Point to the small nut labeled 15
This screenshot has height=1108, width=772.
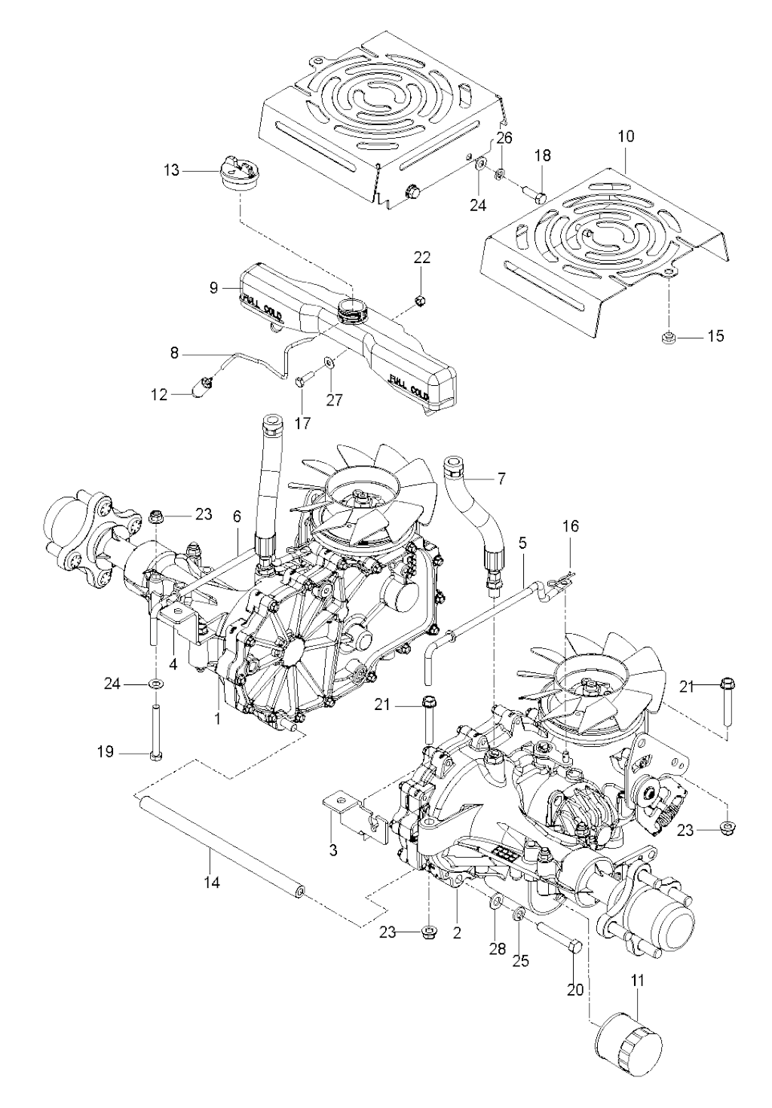click(x=666, y=338)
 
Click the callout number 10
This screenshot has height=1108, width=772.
click(x=626, y=136)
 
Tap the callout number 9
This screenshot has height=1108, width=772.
click(x=213, y=287)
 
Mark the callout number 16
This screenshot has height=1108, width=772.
click(x=571, y=526)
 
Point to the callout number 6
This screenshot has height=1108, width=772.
click(x=237, y=516)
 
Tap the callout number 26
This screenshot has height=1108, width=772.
click(x=504, y=138)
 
